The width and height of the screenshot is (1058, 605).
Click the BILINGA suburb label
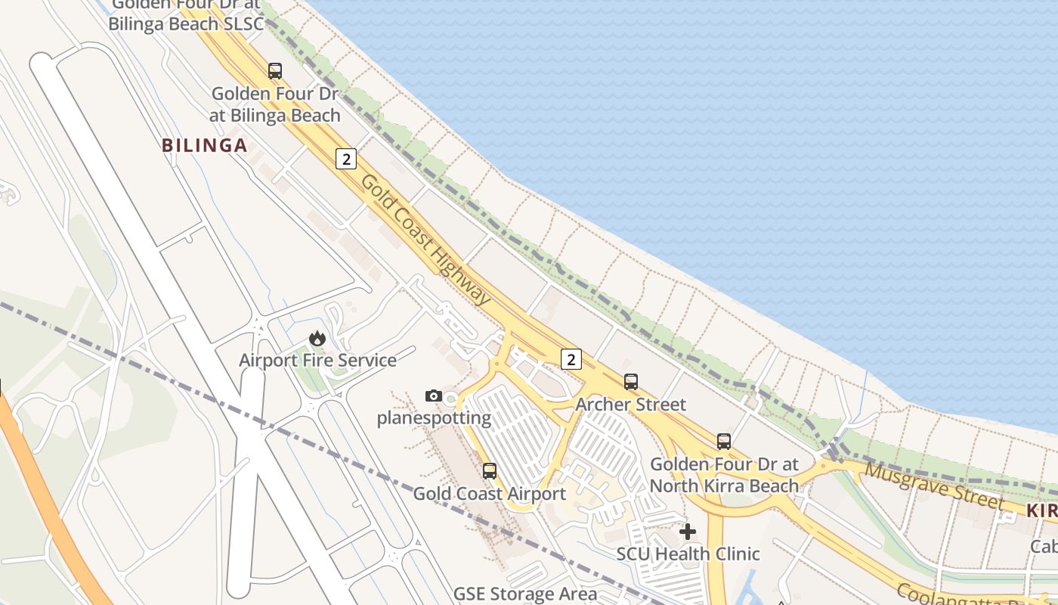[x=205, y=145]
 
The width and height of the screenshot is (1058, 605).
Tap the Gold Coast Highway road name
[x=425, y=240]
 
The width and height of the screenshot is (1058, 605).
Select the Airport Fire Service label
[x=317, y=360]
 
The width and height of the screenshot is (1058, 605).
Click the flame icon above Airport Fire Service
[x=317, y=338]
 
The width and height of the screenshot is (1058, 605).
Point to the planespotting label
[x=434, y=417]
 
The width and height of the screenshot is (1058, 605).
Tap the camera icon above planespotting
[x=433, y=396]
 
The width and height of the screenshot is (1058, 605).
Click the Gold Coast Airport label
[x=489, y=494]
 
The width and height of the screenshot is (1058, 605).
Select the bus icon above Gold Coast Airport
[x=490, y=471]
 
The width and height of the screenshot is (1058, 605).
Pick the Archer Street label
[x=630, y=404]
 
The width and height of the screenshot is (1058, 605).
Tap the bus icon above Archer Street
[x=631, y=382]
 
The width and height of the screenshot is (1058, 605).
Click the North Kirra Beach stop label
[x=724, y=474]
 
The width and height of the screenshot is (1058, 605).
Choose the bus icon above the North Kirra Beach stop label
[x=724, y=441]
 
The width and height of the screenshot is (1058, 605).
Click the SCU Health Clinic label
[x=688, y=554]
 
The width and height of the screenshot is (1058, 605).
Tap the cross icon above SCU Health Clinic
[x=688, y=532]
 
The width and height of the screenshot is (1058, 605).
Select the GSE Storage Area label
[x=524, y=594]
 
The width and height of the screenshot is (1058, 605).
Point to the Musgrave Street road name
[x=934, y=486]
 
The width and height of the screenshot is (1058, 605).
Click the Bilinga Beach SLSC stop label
[x=186, y=15]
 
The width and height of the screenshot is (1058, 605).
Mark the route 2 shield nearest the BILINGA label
[x=345, y=159]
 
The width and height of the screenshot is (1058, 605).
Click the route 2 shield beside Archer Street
[x=571, y=359]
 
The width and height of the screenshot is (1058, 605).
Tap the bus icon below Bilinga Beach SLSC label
[x=275, y=71]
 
